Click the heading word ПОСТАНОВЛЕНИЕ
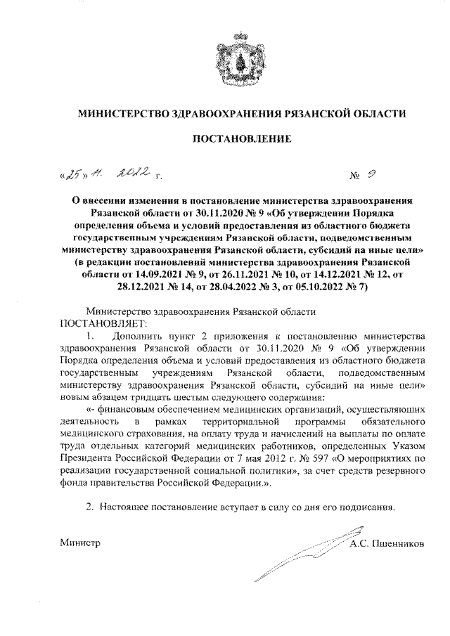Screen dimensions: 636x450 click(x=243, y=139)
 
